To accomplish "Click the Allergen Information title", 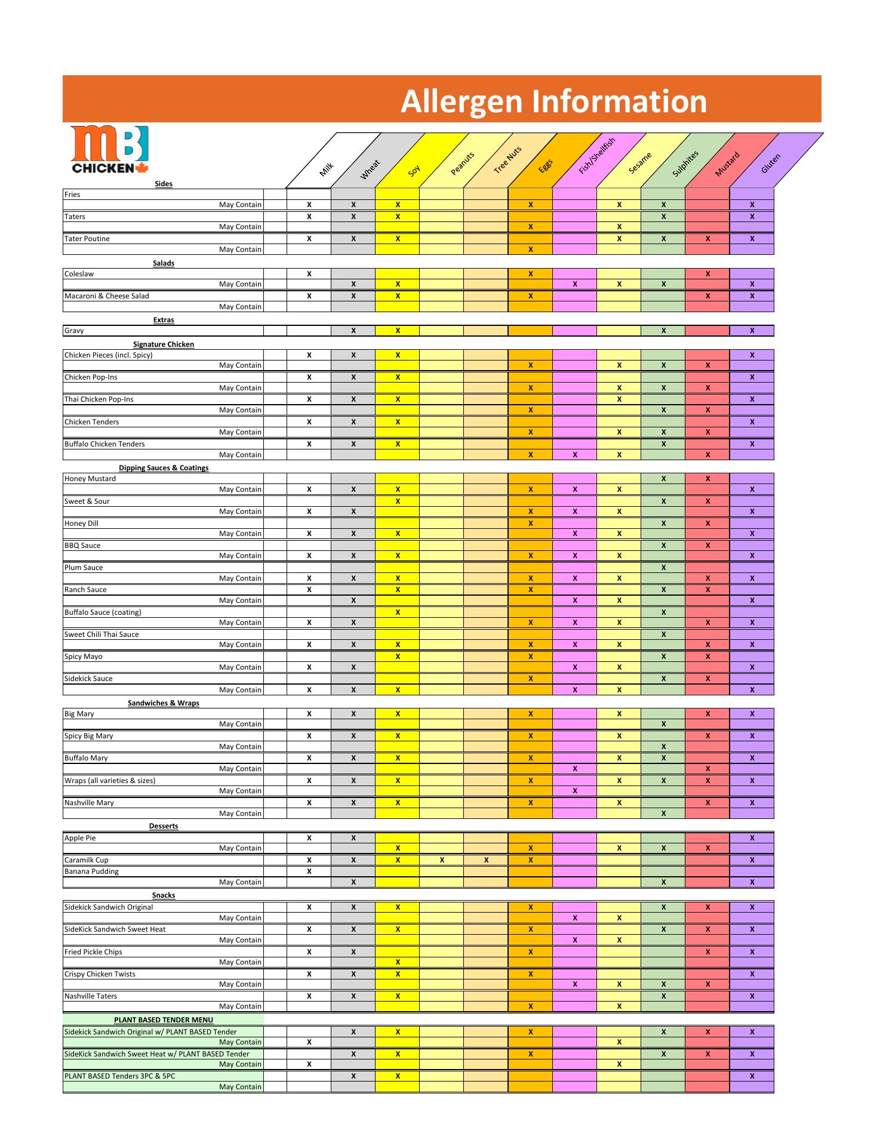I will click(553, 101).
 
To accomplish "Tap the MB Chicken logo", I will click(109, 150).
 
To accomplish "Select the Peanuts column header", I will click(462, 164).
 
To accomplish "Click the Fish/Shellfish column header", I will click(596, 156).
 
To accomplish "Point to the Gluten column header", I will click(770, 164).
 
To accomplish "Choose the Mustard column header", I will click(727, 164).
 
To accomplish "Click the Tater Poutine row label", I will click(87, 239).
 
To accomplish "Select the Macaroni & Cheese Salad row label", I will click(107, 296).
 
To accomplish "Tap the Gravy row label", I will click(74, 331).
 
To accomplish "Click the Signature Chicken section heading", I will click(164, 344).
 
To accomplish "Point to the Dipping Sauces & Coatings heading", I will click(164, 468).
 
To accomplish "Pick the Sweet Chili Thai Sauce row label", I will click(101, 634).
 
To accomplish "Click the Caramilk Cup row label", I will click(87, 860).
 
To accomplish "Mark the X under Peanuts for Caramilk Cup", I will click(442, 860).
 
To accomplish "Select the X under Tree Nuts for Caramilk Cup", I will click(486, 860).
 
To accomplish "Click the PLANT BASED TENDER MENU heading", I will click(164, 1020).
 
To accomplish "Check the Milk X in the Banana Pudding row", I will click(309, 871).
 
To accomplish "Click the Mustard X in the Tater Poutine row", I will click(707, 239).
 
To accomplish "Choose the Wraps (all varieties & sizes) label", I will click(110, 781).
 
